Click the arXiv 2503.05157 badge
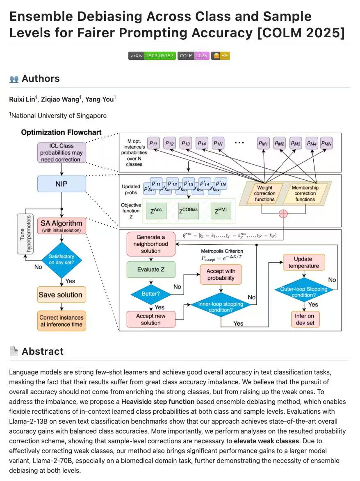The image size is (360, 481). coord(152,56)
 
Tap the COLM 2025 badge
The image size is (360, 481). coord(193,56)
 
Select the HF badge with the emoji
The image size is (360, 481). coord(221,56)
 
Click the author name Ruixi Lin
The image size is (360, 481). coord(22,99)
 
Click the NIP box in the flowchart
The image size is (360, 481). coord(61,184)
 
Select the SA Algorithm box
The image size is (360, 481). coord(62,226)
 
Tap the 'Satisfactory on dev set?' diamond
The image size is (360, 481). coord(62,259)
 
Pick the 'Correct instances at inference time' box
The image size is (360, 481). coord(62,321)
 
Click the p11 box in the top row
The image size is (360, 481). coord(154,143)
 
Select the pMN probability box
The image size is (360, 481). coord(326,143)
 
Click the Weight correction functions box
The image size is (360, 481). coord(265,193)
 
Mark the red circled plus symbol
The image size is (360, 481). coord(283,213)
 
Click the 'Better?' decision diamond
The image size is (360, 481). coord(150,294)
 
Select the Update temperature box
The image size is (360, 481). coord(303,262)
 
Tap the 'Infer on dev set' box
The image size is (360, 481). coord(304,319)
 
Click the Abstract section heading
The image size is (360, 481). coord(42,351)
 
